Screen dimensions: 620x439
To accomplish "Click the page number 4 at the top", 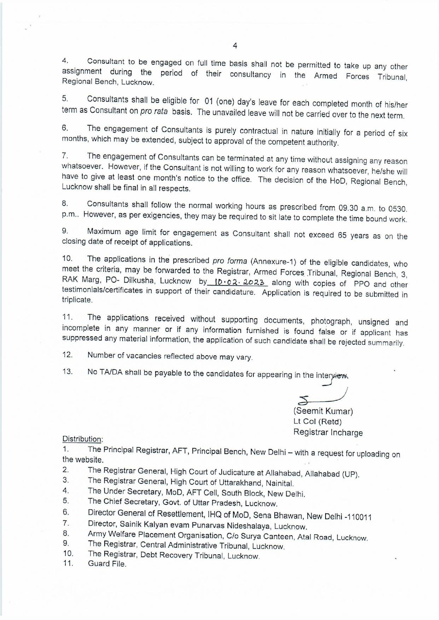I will (x=235, y=46).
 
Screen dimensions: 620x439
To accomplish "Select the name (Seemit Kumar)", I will (x=323, y=411).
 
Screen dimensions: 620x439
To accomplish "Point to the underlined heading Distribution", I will (x=82, y=439).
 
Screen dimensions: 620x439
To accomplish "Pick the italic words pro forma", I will (x=230, y=261).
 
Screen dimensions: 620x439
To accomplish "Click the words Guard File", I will (x=107, y=564).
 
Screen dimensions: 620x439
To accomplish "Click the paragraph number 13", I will (x=67, y=371).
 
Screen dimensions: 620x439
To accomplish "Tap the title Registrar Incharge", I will (x=328, y=432).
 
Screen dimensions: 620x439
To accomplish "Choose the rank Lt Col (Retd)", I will (x=317, y=422).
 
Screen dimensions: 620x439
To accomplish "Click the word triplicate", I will (x=77, y=300).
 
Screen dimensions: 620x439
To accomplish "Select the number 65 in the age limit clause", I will (x=342, y=235).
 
